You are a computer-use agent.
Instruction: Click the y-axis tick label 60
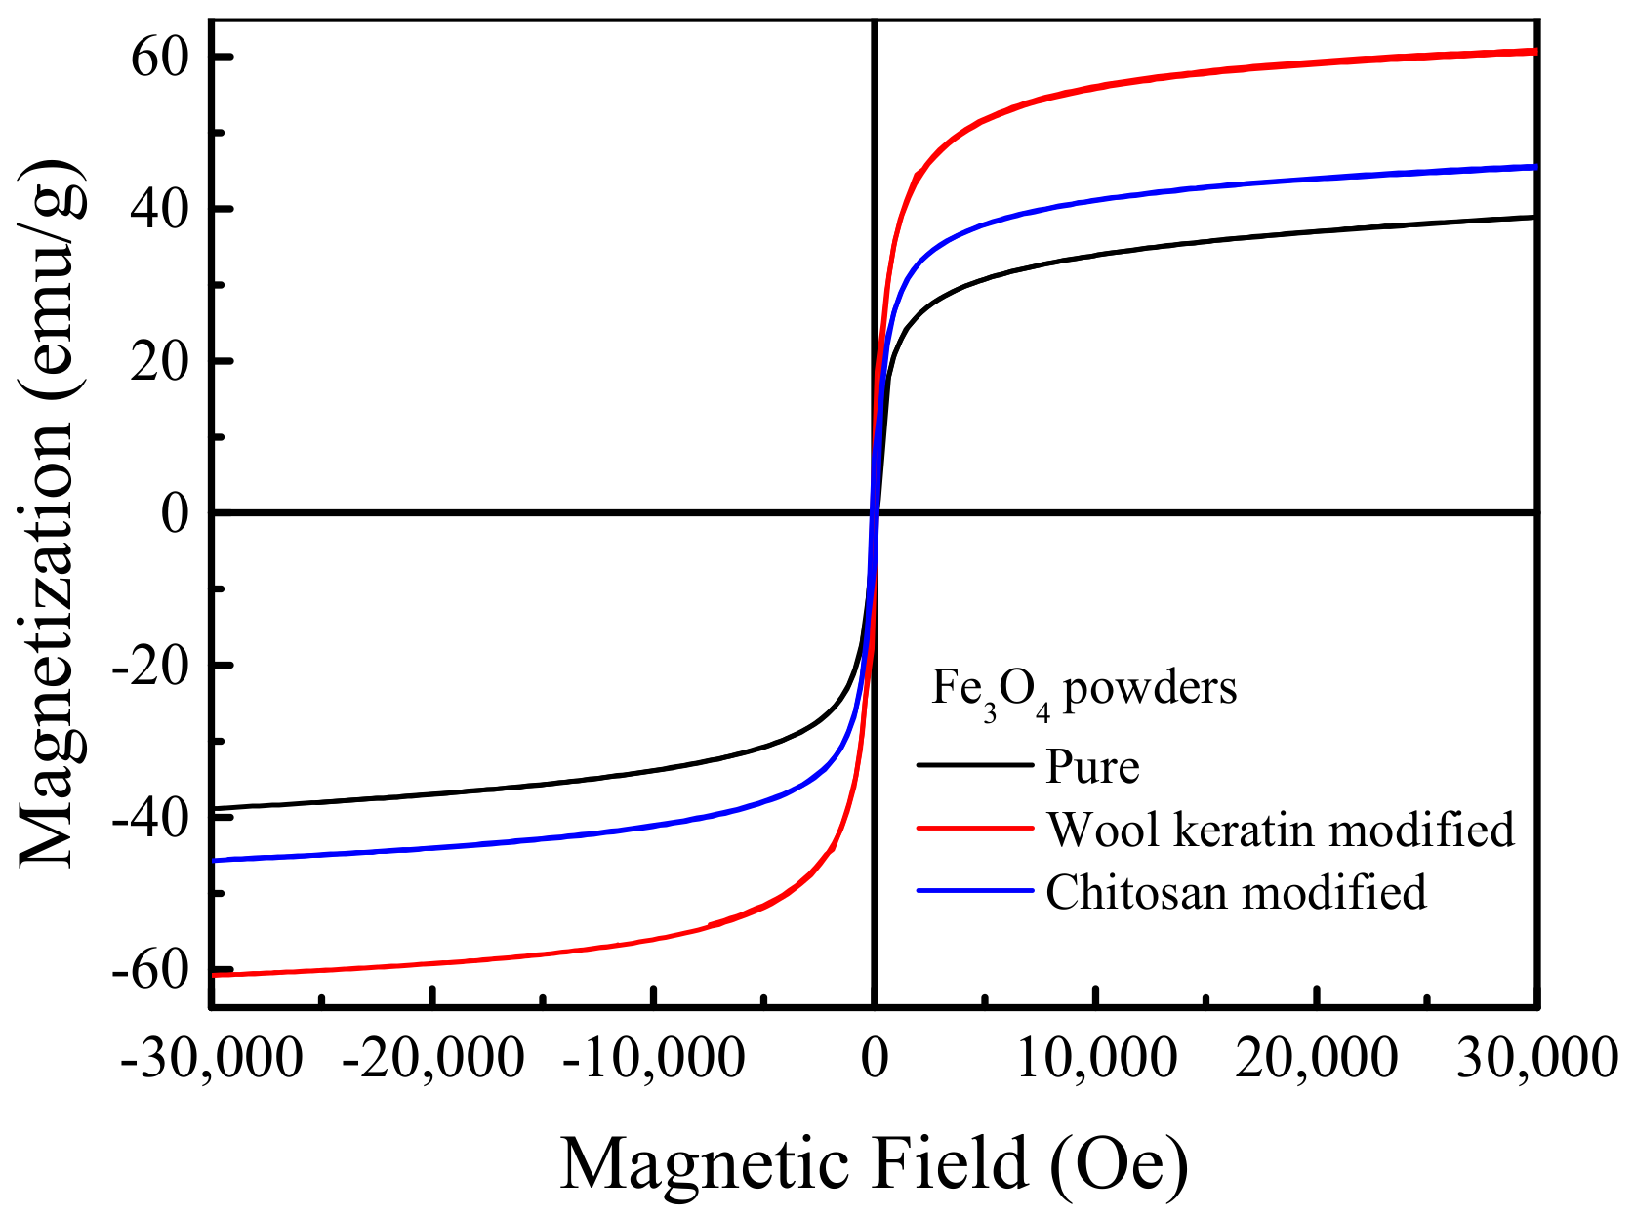click(x=162, y=59)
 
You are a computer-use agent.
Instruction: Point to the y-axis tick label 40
click(x=162, y=210)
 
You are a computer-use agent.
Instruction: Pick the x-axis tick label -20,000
click(x=432, y=1057)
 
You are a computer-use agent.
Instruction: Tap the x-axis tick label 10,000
click(x=1096, y=1057)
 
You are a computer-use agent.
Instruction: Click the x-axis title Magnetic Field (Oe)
click(x=874, y=1164)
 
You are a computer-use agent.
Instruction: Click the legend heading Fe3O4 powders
click(x=1083, y=689)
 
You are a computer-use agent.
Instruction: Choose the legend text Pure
click(x=1092, y=767)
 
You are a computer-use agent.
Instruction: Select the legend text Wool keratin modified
click(x=1280, y=830)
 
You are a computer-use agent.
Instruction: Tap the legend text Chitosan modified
click(x=1236, y=892)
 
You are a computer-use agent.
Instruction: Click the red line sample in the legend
click(x=974, y=828)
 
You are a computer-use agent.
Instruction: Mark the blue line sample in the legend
click(x=974, y=890)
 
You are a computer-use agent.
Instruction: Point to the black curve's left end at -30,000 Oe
click(x=214, y=808)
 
